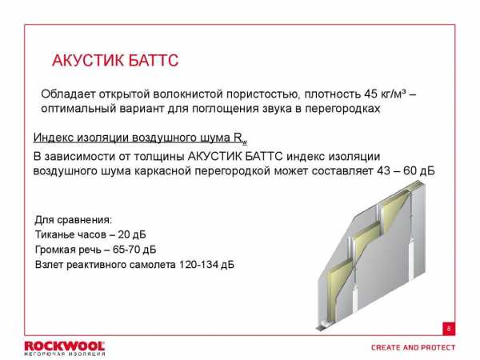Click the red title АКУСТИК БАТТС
[x=115, y=60]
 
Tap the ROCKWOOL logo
[x=65, y=346]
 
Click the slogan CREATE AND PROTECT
[x=414, y=348]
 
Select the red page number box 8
[x=449, y=329]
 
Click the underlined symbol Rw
[x=240, y=138]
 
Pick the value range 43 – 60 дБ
[x=406, y=171]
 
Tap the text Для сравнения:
[x=74, y=219]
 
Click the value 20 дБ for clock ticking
[x=132, y=234]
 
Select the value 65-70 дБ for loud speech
[x=134, y=250]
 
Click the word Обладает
[x=68, y=94]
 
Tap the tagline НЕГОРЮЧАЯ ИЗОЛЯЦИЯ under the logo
[x=65, y=354]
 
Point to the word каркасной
[x=162, y=171]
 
